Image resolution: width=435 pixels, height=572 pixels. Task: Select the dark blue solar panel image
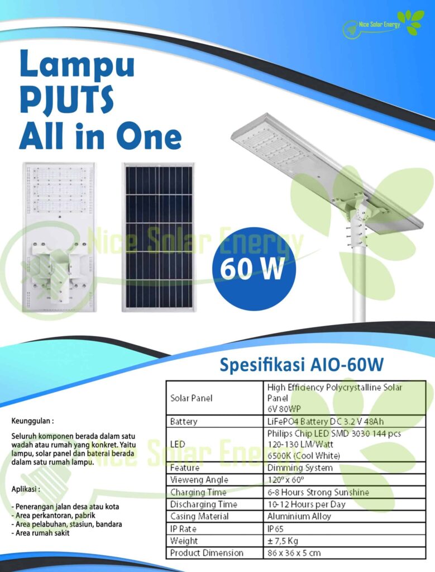click(159, 236)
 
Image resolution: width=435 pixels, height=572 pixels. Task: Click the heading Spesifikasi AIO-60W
click(302, 365)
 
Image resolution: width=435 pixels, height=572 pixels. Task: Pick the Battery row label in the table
click(184, 422)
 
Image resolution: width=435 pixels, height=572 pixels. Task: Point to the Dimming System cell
click(300, 468)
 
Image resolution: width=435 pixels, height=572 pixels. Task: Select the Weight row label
click(184, 541)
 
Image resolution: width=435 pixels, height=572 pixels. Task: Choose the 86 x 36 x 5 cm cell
click(294, 553)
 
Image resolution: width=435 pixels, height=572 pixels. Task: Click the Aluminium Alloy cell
click(299, 516)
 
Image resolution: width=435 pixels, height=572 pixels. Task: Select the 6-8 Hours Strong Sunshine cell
click(318, 492)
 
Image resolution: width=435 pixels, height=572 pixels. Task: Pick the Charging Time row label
click(198, 492)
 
